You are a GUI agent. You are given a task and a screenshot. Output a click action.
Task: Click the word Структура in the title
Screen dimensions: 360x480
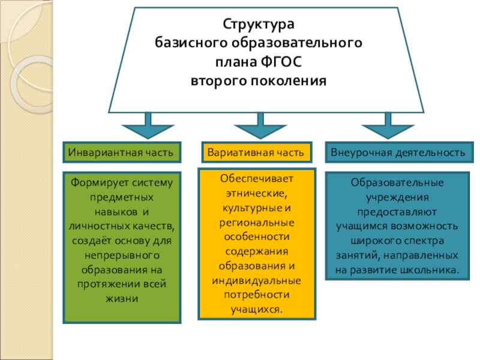point(259,25)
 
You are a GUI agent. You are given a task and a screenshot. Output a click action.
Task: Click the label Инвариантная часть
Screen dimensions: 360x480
point(122,153)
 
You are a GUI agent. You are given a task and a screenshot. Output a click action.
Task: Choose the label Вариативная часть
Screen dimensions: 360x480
point(256,153)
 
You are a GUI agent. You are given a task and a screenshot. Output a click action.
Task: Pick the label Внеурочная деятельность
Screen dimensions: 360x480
point(398,153)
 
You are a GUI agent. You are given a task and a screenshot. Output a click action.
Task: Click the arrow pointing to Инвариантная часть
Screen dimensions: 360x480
point(148,127)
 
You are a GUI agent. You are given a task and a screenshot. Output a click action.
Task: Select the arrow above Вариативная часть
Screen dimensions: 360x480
point(260,127)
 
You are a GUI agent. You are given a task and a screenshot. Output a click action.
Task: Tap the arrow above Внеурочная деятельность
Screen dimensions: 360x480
point(388,127)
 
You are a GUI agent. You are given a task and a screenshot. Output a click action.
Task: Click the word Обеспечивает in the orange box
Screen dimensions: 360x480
point(257,179)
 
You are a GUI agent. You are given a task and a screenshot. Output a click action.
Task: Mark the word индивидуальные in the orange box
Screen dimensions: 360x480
point(257,281)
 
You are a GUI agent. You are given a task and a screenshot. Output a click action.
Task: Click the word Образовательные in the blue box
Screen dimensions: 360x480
point(397,182)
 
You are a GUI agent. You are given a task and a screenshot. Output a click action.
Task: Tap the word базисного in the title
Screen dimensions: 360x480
point(182,43)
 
